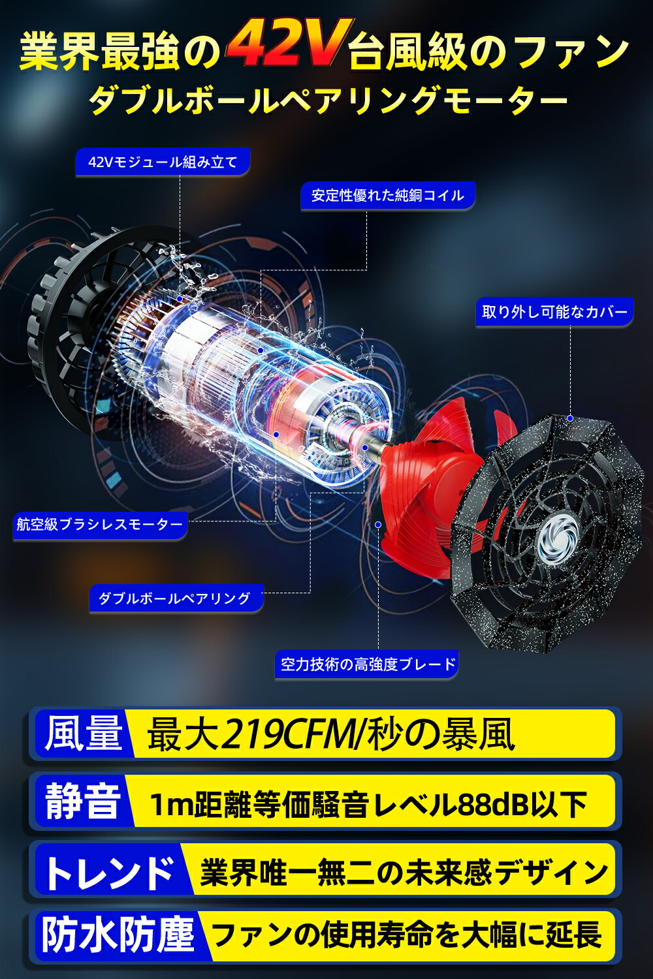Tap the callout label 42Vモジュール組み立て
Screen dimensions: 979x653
tap(163, 162)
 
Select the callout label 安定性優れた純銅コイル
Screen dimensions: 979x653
tap(387, 195)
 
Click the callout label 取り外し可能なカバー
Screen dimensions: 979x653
tap(554, 311)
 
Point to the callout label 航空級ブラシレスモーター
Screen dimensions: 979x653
tap(100, 525)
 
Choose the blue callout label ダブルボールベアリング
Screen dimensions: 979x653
tap(174, 598)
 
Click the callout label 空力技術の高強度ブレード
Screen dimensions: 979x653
tap(368, 664)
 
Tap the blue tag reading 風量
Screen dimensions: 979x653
tap(84, 734)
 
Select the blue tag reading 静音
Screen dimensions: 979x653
tap(83, 801)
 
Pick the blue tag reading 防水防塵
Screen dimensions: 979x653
tap(118, 935)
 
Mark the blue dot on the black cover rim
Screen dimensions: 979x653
tap(570, 418)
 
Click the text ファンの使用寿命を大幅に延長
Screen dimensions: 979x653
tap(406, 935)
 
